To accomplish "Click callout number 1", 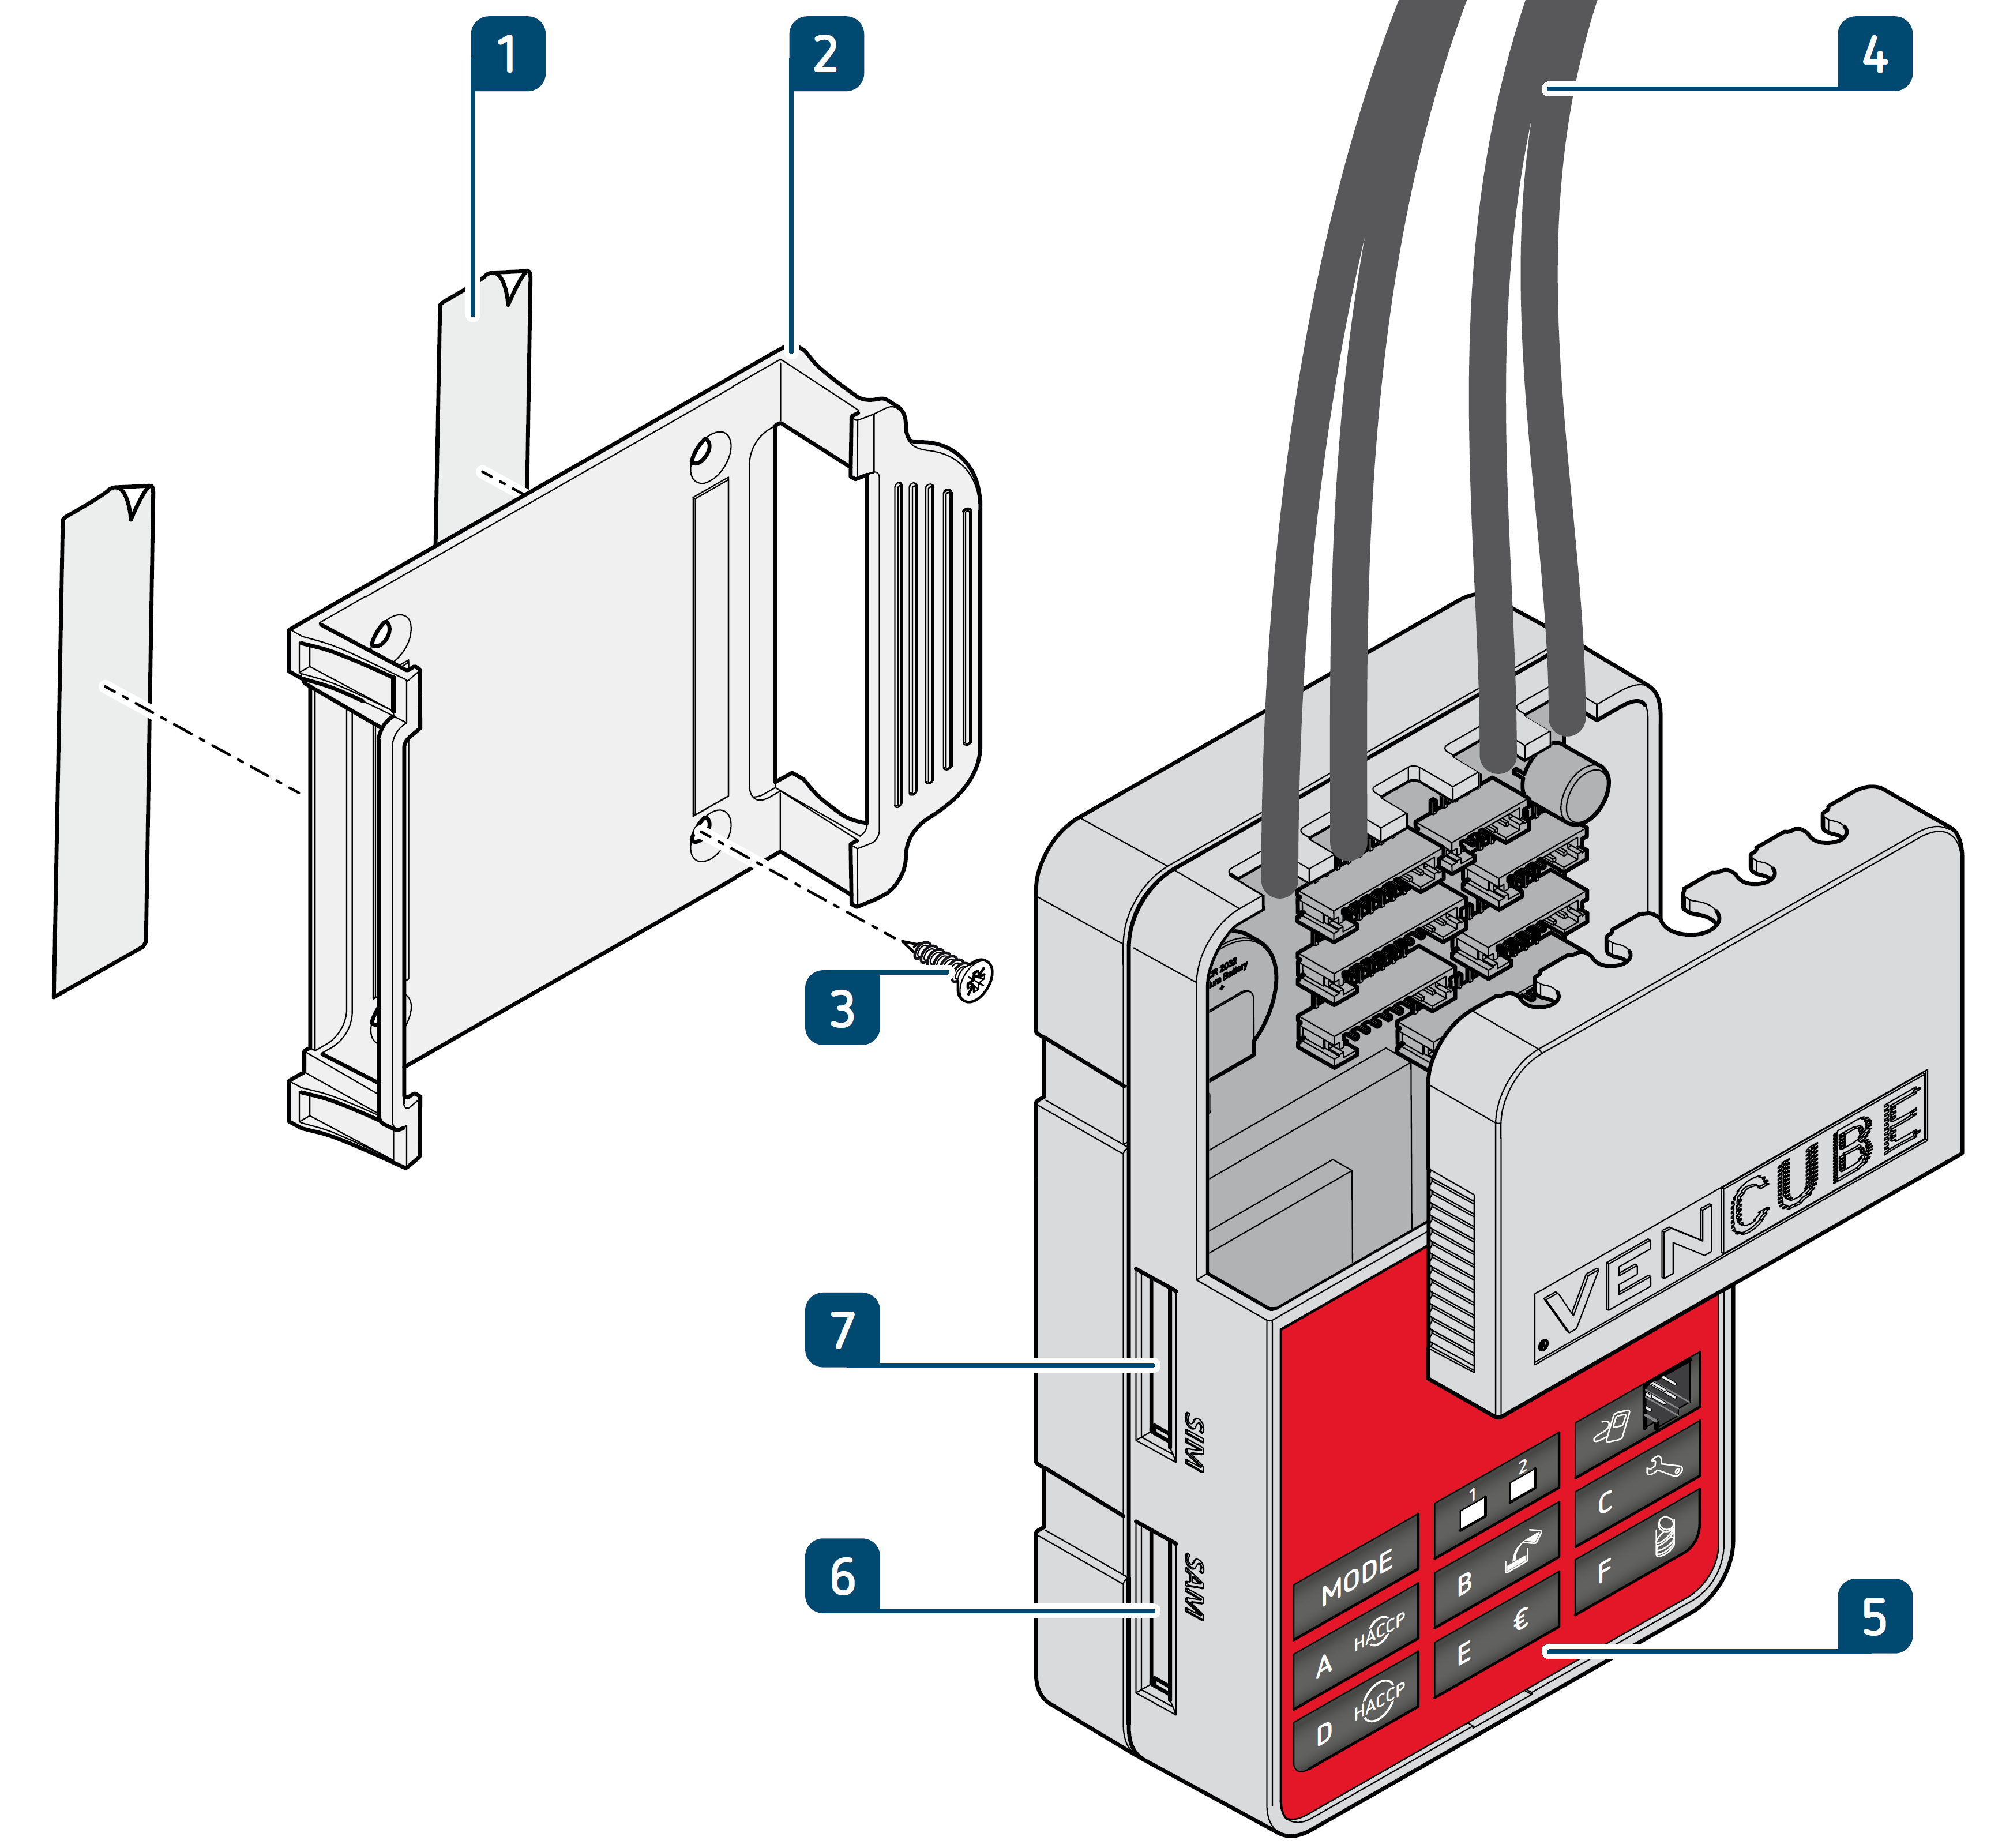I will (508, 54).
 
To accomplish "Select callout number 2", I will (826, 54).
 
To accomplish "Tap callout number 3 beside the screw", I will (842, 1008).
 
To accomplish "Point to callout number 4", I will (1874, 54).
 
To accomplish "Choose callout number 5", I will (1874, 1617).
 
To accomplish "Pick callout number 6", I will (842, 1576).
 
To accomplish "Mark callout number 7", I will (842, 1330).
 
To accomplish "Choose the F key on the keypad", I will (1636, 1555).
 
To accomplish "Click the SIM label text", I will (1193, 1442).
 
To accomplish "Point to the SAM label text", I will (1193, 1587).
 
